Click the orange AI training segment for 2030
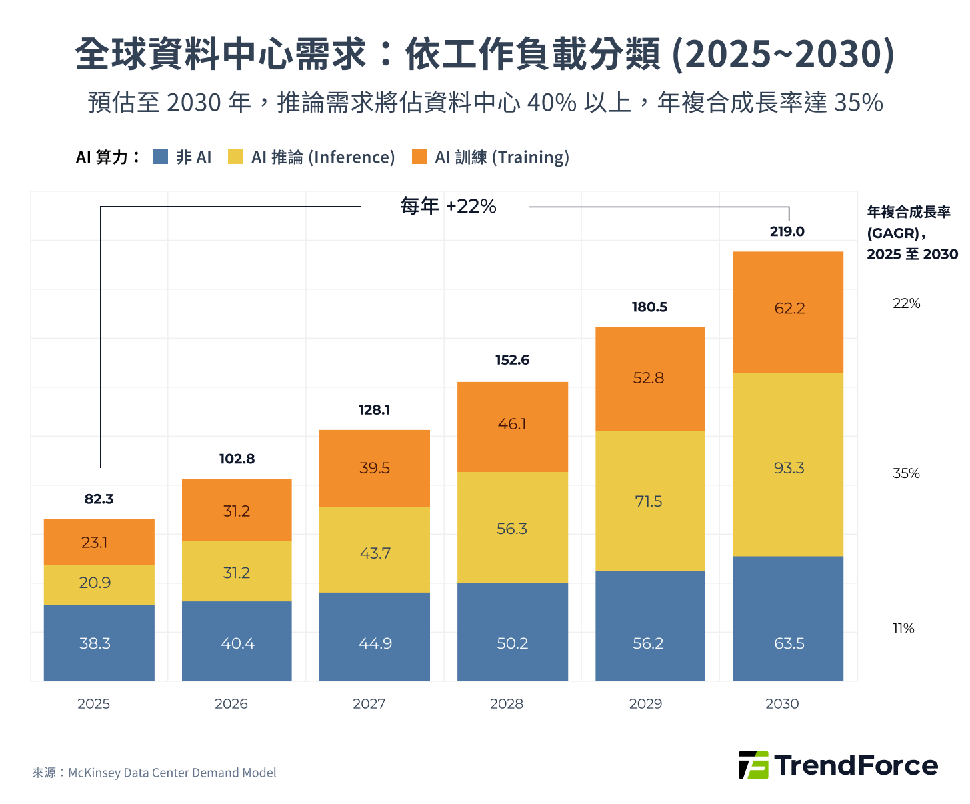(787, 311)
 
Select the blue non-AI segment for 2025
(99, 643)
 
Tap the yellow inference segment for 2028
(512, 527)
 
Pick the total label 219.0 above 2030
(787, 231)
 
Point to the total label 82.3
(99, 499)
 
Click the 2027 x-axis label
(369, 703)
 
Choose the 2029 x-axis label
(645, 703)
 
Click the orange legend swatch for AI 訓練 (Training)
(419, 157)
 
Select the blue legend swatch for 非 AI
(160, 157)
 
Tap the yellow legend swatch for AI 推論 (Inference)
(235, 157)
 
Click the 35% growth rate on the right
(906, 473)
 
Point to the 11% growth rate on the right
(903, 628)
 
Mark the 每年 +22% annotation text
(448, 206)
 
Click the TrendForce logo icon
(753, 765)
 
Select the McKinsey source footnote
(154, 773)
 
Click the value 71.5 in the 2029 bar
(648, 501)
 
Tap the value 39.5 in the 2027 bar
(374, 468)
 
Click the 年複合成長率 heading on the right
(909, 212)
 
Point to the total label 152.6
(512, 359)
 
